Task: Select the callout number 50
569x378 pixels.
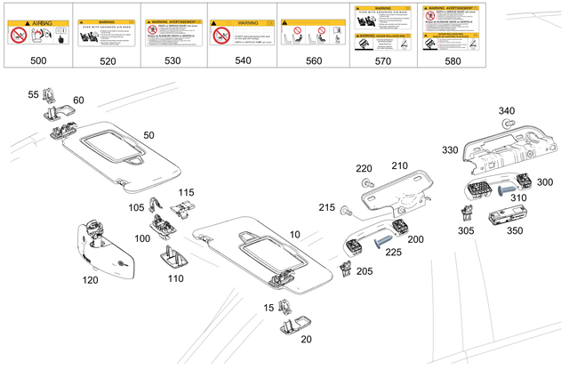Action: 148,134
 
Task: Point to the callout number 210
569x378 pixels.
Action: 399,165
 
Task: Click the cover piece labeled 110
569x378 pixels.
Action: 172,261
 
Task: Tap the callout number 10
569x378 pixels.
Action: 293,234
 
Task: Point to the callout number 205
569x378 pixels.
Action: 365,271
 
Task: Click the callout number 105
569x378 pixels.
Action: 135,207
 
